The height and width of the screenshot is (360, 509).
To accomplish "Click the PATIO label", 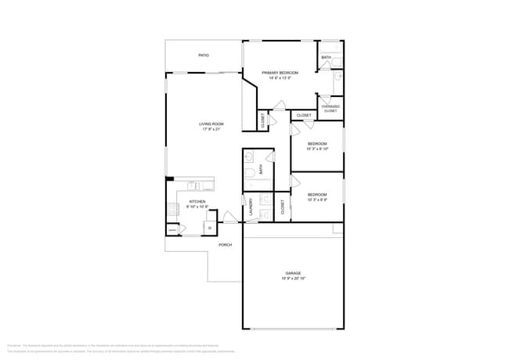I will click(203, 56).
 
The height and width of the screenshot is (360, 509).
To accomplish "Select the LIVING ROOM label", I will click(211, 124).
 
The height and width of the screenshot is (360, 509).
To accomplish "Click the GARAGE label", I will click(293, 273).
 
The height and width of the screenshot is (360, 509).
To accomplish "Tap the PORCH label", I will click(225, 245).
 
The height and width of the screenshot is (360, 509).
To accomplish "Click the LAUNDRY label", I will click(251, 207).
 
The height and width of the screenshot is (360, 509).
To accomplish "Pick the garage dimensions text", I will click(293, 279).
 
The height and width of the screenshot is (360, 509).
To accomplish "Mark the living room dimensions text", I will click(211, 130).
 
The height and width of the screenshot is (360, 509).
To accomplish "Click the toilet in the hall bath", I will click(249, 174).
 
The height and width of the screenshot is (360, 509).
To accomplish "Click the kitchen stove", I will click(172, 209).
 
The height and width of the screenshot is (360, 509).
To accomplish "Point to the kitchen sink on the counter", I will click(193, 185).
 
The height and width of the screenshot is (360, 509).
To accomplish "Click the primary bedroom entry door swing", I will click(278, 106).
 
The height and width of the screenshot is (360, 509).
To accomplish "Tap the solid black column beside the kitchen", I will click(168, 180).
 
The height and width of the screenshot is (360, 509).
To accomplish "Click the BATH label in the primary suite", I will click(325, 57).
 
